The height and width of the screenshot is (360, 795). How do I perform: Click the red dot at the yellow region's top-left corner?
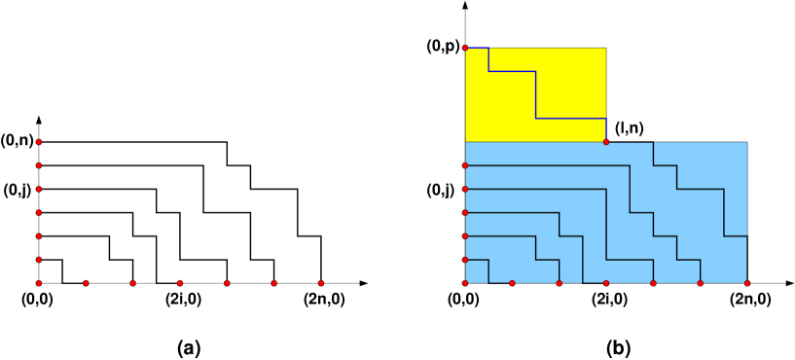point(465,48)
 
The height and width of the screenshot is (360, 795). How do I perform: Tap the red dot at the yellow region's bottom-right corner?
point(606,142)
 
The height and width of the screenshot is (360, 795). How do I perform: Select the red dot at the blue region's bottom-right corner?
point(747,283)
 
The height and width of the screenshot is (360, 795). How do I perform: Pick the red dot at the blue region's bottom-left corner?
point(465,283)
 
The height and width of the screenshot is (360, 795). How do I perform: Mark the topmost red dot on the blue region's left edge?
point(465,165)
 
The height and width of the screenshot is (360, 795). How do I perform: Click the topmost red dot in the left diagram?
point(39,142)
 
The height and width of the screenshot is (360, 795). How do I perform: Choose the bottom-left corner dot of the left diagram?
point(39,283)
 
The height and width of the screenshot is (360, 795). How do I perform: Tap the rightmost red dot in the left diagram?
point(321,283)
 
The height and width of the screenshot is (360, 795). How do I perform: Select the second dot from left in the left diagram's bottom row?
point(86,283)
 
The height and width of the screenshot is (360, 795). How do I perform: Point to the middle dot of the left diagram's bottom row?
point(180,283)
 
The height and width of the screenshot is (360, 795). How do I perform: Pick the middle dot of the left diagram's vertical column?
point(39,212)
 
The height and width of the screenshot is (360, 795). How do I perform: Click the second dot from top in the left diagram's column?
point(39,165)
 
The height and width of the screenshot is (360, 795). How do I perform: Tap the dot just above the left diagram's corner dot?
point(39,260)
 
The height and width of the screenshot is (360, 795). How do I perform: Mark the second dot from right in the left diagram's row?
point(273,283)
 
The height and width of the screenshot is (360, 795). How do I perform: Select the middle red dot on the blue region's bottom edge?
point(606,283)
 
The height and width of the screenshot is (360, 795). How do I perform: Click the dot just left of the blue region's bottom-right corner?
point(701,283)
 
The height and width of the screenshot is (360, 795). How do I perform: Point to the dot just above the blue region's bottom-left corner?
point(465,260)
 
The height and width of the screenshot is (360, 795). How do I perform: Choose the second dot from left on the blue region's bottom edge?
point(512,283)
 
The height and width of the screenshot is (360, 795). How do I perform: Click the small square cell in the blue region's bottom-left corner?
point(477,271)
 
